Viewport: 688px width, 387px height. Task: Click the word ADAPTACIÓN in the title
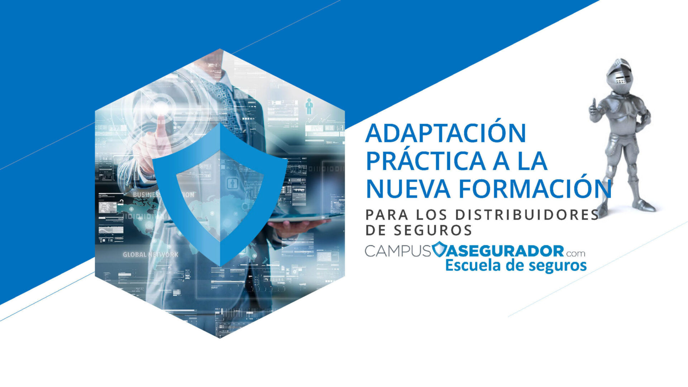click(x=445, y=133)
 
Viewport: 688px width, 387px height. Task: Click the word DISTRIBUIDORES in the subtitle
click(x=527, y=215)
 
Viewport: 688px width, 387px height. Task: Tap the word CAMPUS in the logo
click(x=397, y=251)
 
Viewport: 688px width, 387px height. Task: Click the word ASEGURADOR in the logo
click(x=505, y=251)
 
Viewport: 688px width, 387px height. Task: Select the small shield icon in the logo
click(x=439, y=249)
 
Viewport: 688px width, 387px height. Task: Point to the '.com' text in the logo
click(x=576, y=253)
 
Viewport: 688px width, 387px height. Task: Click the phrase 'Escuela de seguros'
click(x=516, y=266)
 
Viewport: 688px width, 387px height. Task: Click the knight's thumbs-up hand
click(x=594, y=109)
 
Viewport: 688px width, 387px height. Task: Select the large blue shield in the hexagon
click(x=220, y=193)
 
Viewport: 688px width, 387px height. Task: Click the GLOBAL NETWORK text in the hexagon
click(x=150, y=255)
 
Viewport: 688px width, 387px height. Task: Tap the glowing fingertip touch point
click(x=160, y=107)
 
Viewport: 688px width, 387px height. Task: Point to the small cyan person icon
click(x=309, y=106)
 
